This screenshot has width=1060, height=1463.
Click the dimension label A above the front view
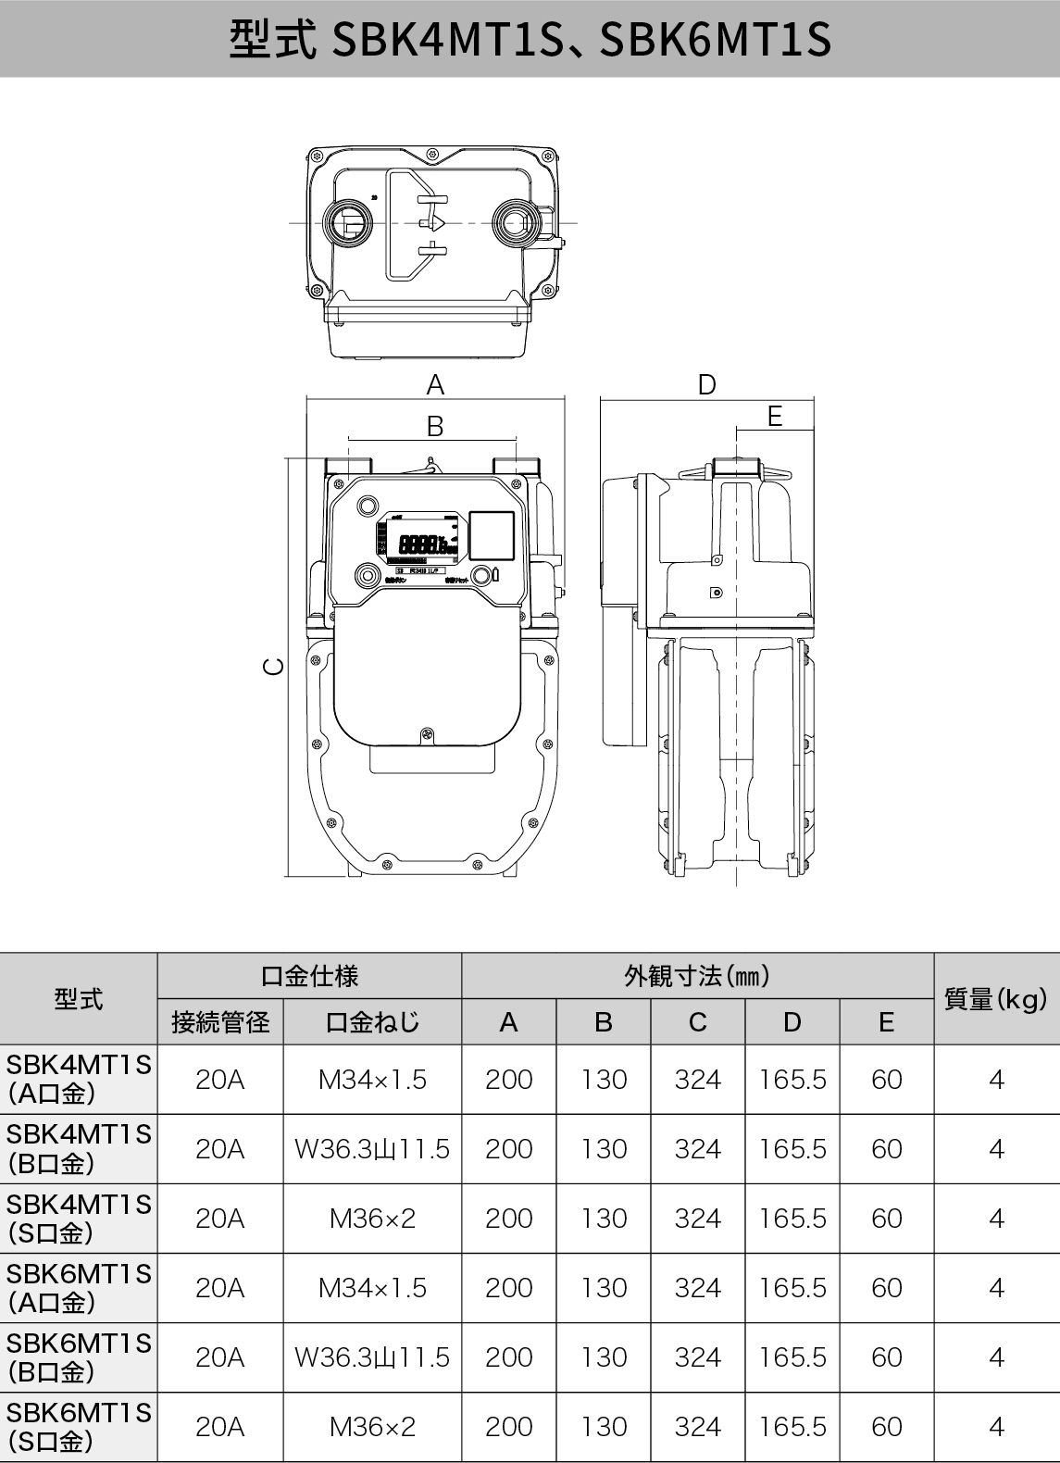click(434, 384)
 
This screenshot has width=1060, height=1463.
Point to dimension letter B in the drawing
click(434, 426)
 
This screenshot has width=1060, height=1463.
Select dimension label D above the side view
click(706, 384)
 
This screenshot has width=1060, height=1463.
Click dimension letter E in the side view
click(775, 417)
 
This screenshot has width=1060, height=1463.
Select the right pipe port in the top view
click(515, 223)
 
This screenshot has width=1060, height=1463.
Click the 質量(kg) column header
click(995, 999)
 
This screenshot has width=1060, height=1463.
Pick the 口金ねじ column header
click(372, 1022)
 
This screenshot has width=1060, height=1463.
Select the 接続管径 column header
click(220, 1022)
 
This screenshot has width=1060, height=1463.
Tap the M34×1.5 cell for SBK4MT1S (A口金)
click(372, 1080)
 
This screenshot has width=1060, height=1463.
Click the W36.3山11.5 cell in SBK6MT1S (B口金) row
click(372, 1357)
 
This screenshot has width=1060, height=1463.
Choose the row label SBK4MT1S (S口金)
click(79, 1219)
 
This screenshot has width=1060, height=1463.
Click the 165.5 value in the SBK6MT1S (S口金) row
click(792, 1427)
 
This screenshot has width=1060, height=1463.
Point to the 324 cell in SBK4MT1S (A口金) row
click(698, 1080)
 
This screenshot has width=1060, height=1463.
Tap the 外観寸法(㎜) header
click(697, 976)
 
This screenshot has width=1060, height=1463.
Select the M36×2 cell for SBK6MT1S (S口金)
click(372, 1427)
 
